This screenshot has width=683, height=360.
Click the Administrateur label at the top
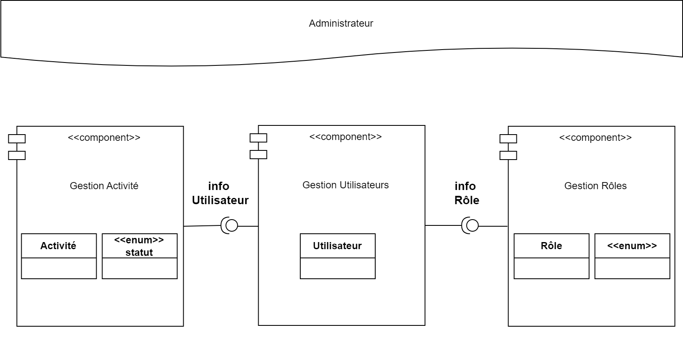click(x=341, y=23)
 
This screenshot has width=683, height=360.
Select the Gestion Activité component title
click(x=104, y=186)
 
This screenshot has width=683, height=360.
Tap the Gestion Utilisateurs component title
click(x=345, y=185)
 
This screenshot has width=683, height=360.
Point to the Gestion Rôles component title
click(x=595, y=186)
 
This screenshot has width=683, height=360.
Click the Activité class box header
click(x=58, y=246)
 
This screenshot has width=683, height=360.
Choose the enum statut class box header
click(x=139, y=246)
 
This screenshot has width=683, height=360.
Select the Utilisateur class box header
click(x=337, y=246)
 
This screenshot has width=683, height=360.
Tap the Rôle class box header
click(x=551, y=246)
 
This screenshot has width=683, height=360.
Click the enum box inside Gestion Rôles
click(x=632, y=246)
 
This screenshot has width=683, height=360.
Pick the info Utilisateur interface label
click(x=220, y=193)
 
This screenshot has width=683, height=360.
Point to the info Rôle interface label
click(x=466, y=193)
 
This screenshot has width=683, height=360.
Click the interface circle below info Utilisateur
click(x=232, y=226)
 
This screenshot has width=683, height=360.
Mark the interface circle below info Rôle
click(x=472, y=226)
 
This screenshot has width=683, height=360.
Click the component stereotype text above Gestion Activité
click(x=104, y=137)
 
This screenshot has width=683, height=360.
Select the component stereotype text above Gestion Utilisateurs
click(x=345, y=137)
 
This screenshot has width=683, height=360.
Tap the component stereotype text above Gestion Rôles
click(x=595, y=137)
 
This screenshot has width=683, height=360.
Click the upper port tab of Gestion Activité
click(x=17, y=139)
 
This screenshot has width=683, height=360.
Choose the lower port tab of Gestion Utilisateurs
click(x=258, y=155)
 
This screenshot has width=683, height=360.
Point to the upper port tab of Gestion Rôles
click(x=508, y=139)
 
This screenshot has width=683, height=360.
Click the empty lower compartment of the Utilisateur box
click(x=337, y=268)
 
